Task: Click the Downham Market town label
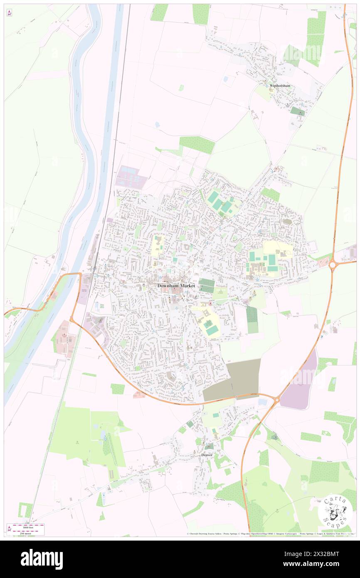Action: point(176,286)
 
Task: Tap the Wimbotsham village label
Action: point(279,86)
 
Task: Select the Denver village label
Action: point(207,455)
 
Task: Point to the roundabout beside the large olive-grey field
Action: point(276,399)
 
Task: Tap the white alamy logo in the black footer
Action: point(42,558)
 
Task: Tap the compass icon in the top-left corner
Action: point(9,13)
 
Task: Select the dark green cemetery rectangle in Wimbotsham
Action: point(297,111)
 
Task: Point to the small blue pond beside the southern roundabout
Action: point(263,402)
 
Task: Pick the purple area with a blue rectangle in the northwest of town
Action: point(131,178)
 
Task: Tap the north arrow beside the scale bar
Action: point(9,529)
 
